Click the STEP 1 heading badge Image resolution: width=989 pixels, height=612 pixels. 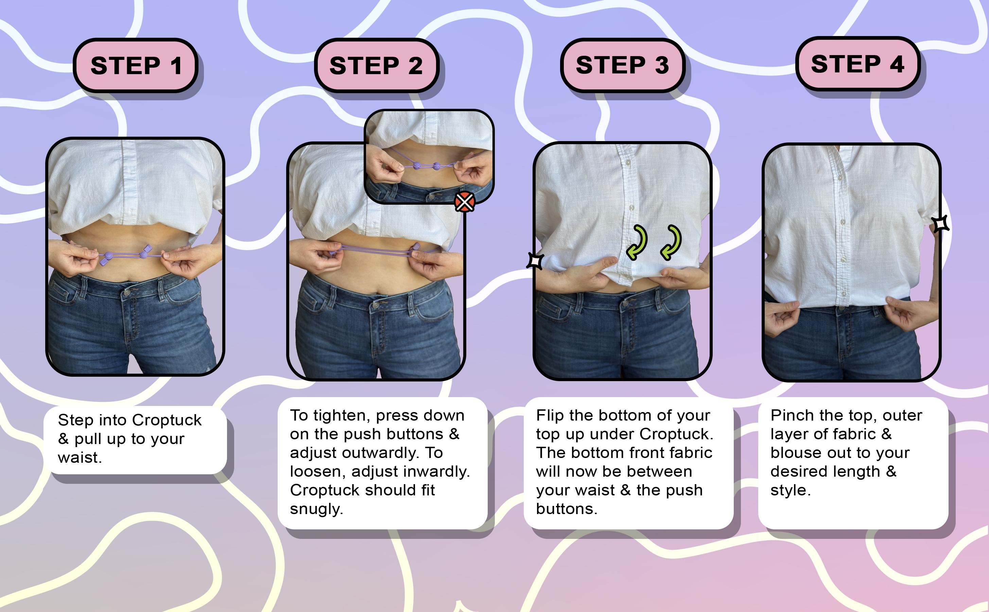(135, 65)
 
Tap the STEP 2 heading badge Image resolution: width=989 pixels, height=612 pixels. (376, 65)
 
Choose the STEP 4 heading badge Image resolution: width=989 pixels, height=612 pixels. (857, 64)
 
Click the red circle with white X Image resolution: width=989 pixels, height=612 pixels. (464, 202)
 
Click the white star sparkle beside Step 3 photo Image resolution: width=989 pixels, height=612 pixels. (535, 261)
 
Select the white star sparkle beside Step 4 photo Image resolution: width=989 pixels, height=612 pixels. (940, 223)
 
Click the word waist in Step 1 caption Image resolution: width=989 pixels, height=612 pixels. (79, 457)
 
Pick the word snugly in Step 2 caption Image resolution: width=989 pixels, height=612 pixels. (316, 509)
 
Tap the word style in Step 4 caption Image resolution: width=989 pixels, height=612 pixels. (790, 490)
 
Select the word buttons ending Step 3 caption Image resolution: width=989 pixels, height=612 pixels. (566, 509)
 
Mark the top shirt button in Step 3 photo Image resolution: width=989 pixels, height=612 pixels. (628, 163)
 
